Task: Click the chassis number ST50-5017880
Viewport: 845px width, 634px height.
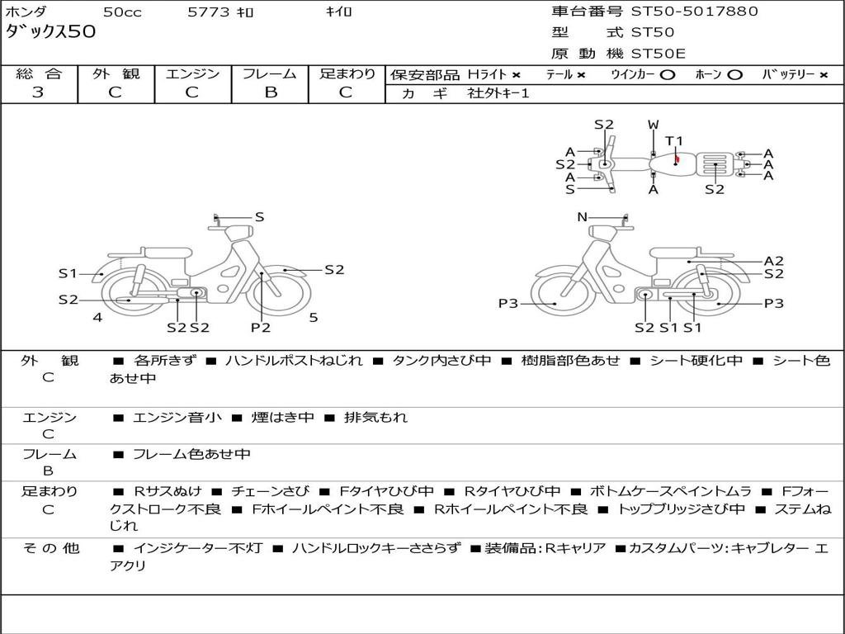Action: click(x=694, y=11)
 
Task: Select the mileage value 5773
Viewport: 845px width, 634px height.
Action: click(x=208, y=12)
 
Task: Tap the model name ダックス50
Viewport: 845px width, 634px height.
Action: click(x=50, y=31)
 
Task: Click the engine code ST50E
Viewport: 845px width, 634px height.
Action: click(x=658, y=54)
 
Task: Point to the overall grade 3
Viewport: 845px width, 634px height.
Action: click(x=38, y=92)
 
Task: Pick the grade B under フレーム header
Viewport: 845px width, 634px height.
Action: click(x=271, y=92)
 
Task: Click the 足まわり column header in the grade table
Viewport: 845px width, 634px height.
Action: click(x=347, y=73)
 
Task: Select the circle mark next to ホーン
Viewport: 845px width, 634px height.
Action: click(x=734, y=75)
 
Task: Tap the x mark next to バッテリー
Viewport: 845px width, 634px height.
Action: click(x=823, y=75)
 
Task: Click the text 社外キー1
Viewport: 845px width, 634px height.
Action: click(x=498, y=93)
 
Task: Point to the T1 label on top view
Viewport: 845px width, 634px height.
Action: click(x=673, y=141)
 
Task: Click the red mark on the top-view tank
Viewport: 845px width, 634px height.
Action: click(x=677, y=159)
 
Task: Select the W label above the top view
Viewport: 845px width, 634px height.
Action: click(x=654, y=125)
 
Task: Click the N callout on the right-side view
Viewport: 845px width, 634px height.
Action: click(x=582, y=217)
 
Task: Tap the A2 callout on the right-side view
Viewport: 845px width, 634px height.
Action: click(x=774, y=261)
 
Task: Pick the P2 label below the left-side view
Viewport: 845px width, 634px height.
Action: click(x=261, y=327)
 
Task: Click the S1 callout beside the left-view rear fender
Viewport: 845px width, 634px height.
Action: click(x=68, y=274)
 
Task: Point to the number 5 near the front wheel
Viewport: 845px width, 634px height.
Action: click(x=314, y=318)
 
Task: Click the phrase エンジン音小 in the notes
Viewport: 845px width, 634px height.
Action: click(x=177, y=417)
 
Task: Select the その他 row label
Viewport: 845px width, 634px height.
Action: click(x=51, y=548)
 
